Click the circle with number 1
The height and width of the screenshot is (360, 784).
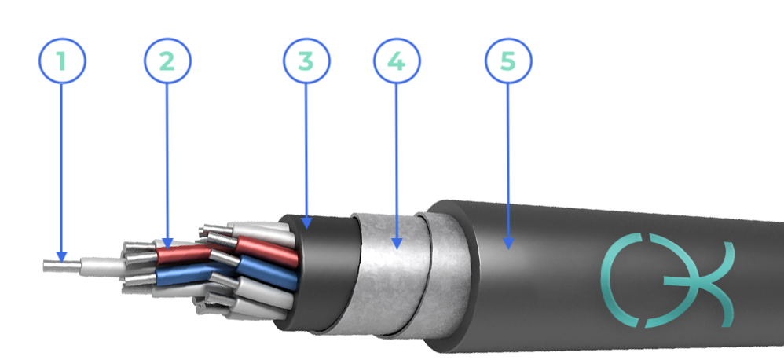click(63, 61)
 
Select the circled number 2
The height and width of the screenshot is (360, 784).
click(167, 61)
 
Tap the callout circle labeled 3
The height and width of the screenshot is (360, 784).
click(306, 61)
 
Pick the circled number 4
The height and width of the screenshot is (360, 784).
click(397, 61)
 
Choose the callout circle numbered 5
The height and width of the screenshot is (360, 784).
click(508, 61)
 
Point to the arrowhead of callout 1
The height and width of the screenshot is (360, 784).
click(61, 257)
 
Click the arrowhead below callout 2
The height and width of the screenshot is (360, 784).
click(167, 244)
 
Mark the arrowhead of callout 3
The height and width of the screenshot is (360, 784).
click(306, 223)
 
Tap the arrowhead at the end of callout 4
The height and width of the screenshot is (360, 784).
click(397, 244)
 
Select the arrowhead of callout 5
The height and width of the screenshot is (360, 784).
click(508, 244)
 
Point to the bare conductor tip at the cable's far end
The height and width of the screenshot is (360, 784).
click(62, 266)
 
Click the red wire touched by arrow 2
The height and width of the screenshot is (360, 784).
click(183, 255)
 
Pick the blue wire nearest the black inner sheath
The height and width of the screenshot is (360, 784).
click(268, 273)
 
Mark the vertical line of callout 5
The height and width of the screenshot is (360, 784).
click(508, 161)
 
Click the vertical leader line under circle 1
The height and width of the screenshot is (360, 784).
click(61, 168)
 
